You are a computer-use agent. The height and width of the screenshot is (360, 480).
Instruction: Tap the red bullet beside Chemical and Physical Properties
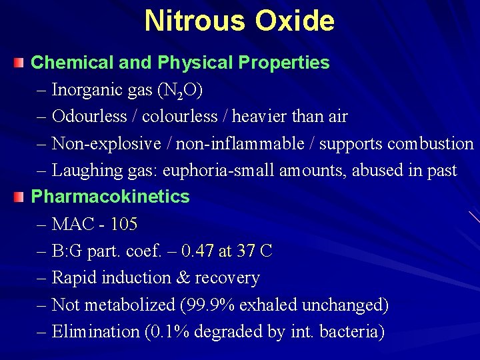pos(19,63)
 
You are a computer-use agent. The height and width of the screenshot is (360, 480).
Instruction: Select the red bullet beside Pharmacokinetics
pos(19,197)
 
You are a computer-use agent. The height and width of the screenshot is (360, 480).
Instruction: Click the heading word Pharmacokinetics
pos(110,197)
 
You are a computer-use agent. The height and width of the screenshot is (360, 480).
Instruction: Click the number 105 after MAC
pos(124,225)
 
